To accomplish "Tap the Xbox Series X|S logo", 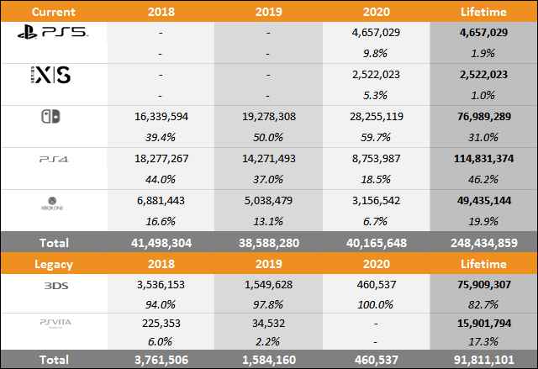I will pyautogui.click(x=52, y=76).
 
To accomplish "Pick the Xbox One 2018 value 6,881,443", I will pyautogui.click(x=161, y=199).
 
